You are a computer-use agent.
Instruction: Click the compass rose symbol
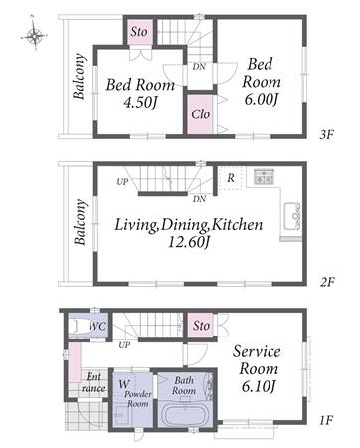pos(35,35)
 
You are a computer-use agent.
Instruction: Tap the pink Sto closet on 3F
pos(139,32)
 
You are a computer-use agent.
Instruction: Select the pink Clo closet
pos(200,114)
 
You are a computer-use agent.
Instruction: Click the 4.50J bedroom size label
pos(140,103)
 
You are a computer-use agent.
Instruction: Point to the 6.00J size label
pos(261,100)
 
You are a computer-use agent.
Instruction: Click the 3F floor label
pos(327,135)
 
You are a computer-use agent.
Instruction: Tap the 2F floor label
pos(327,282)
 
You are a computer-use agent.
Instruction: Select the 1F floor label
pos(326,421)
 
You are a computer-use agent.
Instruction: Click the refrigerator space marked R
pos(231,178)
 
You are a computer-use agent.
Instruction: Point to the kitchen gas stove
pos(264,177)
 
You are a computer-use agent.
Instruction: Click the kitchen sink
pos(292,216)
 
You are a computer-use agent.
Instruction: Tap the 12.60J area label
pos(190,243)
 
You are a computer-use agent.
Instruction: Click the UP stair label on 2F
pos(122,182)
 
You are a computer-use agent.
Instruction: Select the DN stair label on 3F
pos(199,67)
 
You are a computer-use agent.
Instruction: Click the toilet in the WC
pos(81,326)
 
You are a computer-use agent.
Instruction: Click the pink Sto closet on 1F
pos(201,325)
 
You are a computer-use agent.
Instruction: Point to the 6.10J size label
pos(259,387)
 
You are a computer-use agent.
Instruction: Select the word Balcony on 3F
pos(79,76)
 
